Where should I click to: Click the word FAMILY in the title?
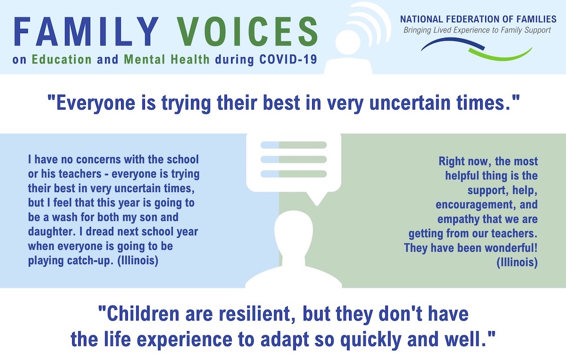coord(86,32)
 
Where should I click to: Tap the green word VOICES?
coord(247,32)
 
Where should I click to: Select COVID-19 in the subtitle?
coord(288,59)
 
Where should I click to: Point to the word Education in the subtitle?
coord(62,59)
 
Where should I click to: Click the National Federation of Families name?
coord(478,19)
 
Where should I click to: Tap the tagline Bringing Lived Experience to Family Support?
coord(477,30)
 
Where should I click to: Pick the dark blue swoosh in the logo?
coord(453,44)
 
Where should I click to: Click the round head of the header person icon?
coord(348,42)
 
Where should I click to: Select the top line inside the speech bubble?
coord(293,145)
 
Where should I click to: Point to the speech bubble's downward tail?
coord(316,199)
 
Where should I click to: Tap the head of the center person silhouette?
coord(293,231)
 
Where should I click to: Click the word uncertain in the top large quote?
coord(410,103)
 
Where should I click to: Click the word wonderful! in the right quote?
coord(511,248)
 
